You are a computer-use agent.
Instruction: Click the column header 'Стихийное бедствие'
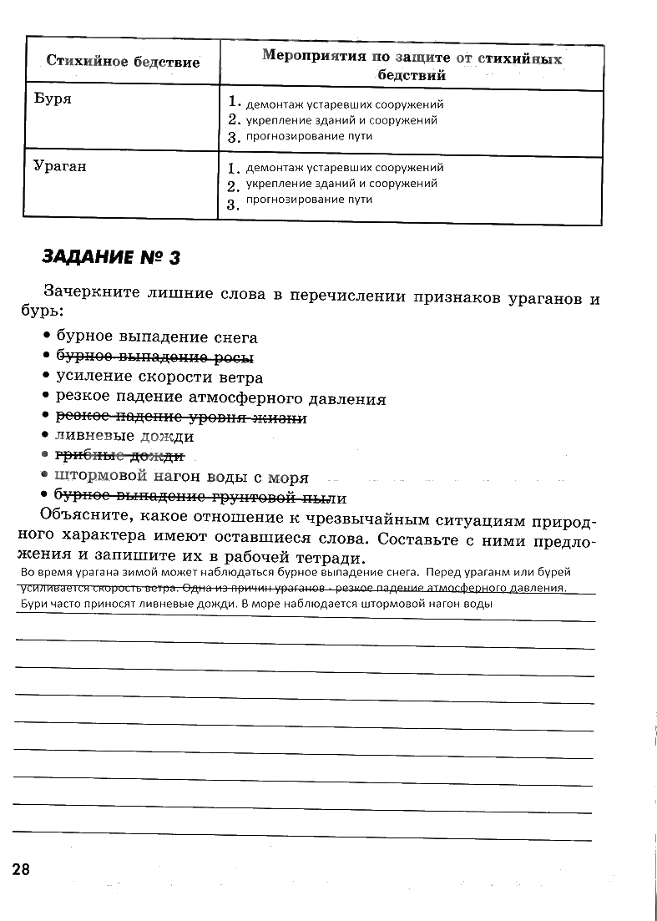point(123,62)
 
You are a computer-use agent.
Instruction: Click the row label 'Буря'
point(53,99)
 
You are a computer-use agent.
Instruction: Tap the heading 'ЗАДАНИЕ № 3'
point(110,257)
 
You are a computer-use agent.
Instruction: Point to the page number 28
point(21,869)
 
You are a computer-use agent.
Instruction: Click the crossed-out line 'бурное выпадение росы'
point(154,357)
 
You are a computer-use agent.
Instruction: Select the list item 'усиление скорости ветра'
point(159,377)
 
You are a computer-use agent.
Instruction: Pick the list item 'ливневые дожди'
point(125,436)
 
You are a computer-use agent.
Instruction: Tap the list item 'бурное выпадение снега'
point(157,337)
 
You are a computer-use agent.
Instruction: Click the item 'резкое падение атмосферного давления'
point(220,398)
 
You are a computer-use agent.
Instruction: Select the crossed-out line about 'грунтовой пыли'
point(200,498)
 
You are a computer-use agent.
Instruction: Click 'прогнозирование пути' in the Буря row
point(309,135)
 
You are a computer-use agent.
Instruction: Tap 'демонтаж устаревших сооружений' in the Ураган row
point(344,168)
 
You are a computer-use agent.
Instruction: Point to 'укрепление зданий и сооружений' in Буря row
point(341,120)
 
